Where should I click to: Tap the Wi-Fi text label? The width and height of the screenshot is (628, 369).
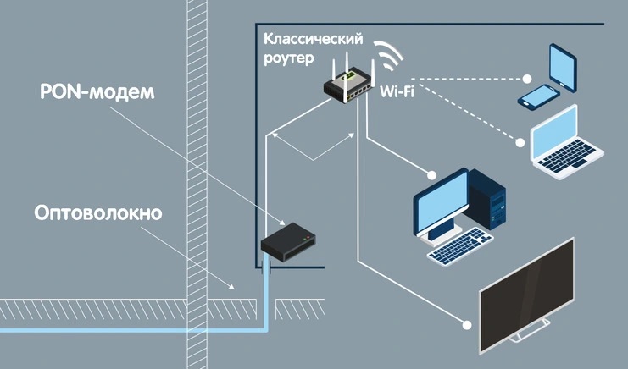point(397,90)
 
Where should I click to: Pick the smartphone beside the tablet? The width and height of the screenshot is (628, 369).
point(536,95)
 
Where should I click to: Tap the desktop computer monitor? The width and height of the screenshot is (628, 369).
point(442,201)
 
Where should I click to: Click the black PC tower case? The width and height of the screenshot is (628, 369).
point(488,200)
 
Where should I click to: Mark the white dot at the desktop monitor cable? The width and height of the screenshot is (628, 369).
point(432,175)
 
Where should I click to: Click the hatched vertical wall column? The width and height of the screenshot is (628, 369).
point(197,169)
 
